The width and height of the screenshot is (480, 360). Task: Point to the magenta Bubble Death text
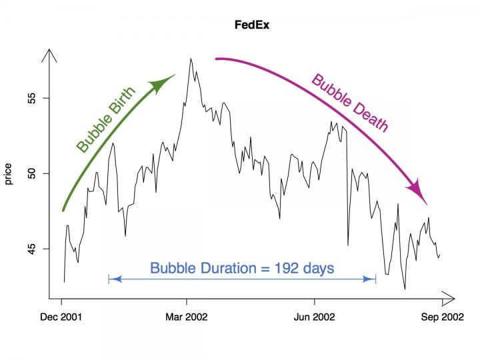pos(349,103)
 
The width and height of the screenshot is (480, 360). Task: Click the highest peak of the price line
pos(191,59)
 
